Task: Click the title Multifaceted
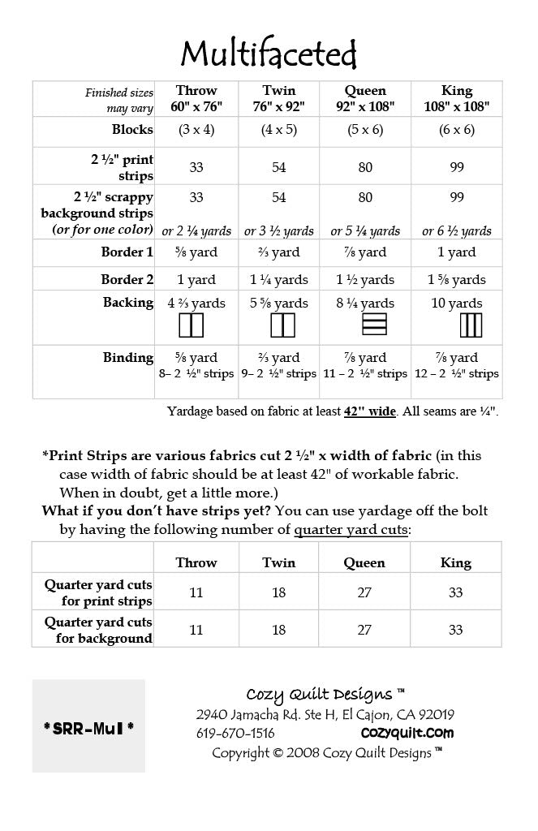[x=269, y=54]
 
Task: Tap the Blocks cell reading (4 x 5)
[x=278, y=130]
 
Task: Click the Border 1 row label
[x=127, y=252]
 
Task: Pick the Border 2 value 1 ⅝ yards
[x=457, y=279]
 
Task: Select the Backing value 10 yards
[x=457, y=304]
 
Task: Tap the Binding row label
[x=128, y=357]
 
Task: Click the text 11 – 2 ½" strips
[x=365, y=374]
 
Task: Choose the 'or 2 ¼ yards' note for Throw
[x=196, y=231]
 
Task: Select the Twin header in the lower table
[x=278, y=562]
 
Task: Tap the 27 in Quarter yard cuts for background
[x=364, y=630]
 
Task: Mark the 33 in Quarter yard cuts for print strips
[x=455, y=592]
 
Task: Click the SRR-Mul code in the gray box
[x=88, y=726]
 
